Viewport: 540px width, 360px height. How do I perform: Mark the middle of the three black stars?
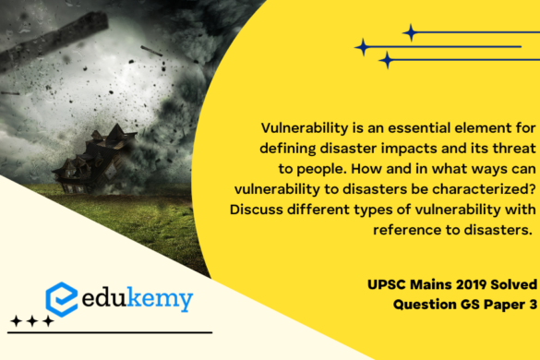(x=32, y=321)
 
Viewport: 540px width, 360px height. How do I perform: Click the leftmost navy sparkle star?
(x=362, y=46)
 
